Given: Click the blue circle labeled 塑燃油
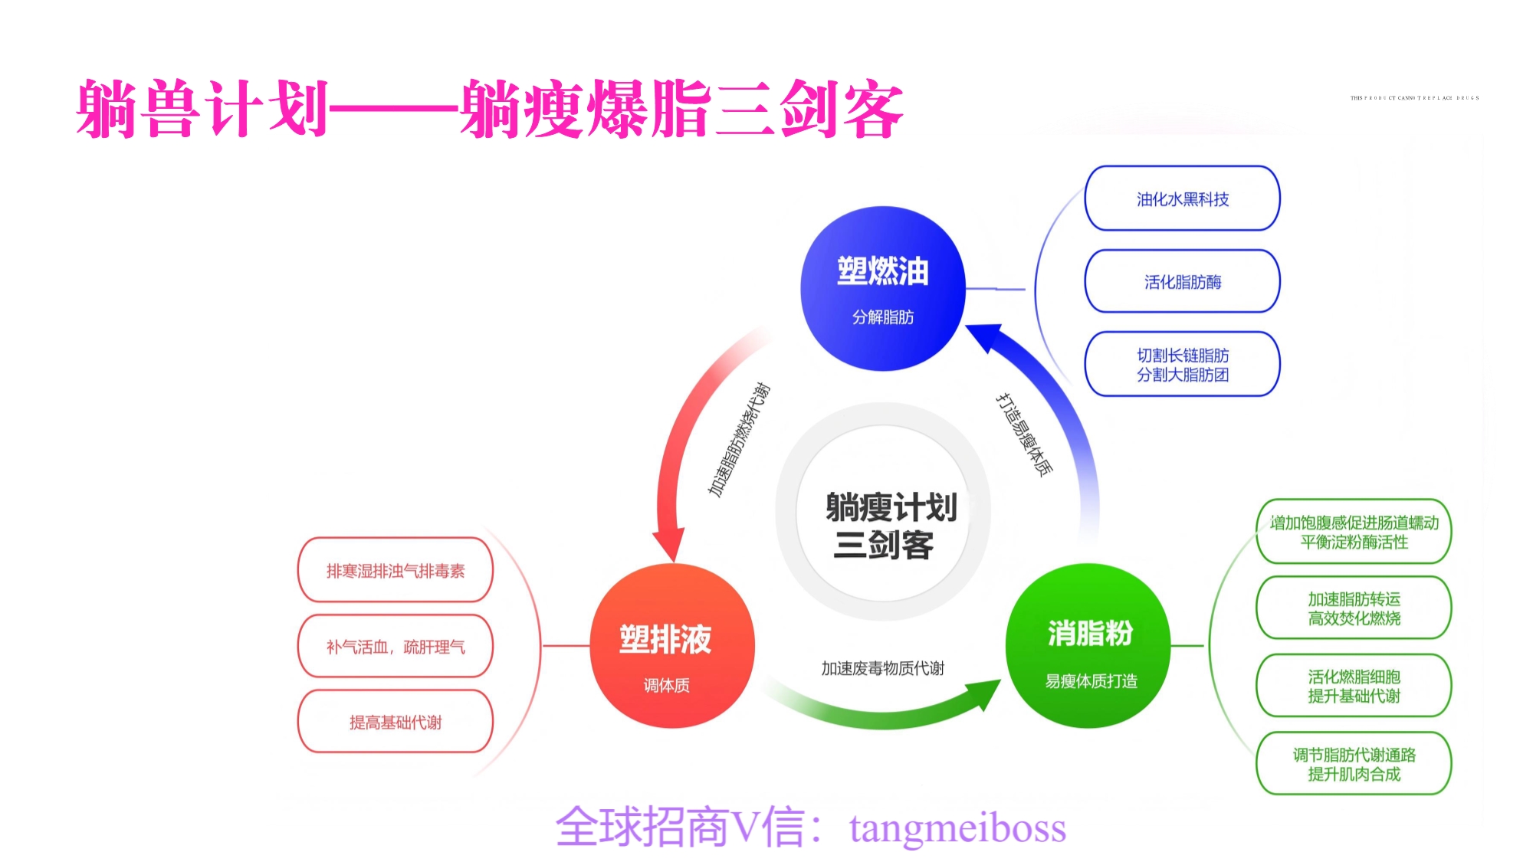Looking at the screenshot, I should click(882, 289).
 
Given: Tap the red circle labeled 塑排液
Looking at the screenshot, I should click(672, 646).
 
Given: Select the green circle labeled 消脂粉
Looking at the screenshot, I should click(1088, 646).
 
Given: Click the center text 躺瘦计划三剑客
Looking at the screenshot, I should click(886, 526).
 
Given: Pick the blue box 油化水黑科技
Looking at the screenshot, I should click(1182, 199).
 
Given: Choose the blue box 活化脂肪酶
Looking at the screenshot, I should click(1182, 282).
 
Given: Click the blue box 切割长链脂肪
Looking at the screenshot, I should click(1182, 365).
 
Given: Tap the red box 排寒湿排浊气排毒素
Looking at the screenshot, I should click(395, 571).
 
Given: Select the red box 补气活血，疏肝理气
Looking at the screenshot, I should click(395, 647).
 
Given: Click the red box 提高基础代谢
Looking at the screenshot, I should click(395, 722).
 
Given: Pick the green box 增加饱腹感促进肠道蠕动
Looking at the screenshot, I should click(1354, 532).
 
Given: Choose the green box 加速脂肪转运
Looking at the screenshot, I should click(1354, 608).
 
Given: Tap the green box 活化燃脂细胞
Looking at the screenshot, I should click(1354, 686).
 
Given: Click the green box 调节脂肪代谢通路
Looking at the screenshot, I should click(1354, 764).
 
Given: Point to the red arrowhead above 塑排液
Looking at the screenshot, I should click(669, 544).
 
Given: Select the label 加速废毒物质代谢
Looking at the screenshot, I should click(882, 668).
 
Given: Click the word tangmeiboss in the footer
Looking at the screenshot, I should click(957, 828).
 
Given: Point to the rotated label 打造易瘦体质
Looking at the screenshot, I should click(1024, 434).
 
